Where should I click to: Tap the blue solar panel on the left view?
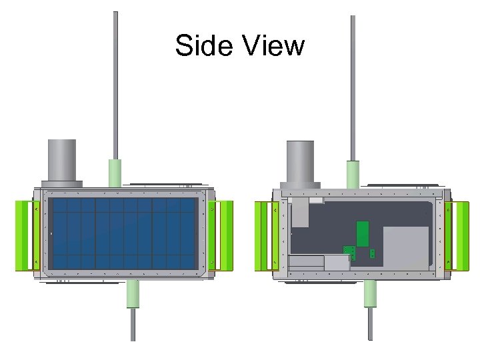pyautogui.click(x=124, y=233)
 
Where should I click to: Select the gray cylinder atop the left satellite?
pyautogui.click(x=61, y=160)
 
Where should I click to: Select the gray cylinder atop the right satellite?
pyautogui.click(x=300, y=161)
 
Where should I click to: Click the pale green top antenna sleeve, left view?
pyautogui.click(x=115, y=173)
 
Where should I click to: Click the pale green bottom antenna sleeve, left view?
pyautogui.click(x=133, y=293)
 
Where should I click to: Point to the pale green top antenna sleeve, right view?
pyautogui.click(x=352, y=174)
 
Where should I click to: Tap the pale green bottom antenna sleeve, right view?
pyautogui.click(x=371, y=293)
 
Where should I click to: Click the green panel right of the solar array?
pyautogui.click(x=222, y=235)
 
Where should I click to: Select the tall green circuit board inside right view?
pyautogui.click(x=363, y=233)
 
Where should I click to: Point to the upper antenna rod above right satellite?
pyautogui.click(x=353, y=87)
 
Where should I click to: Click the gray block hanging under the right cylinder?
pyautogui.click(x=300, y=212)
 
